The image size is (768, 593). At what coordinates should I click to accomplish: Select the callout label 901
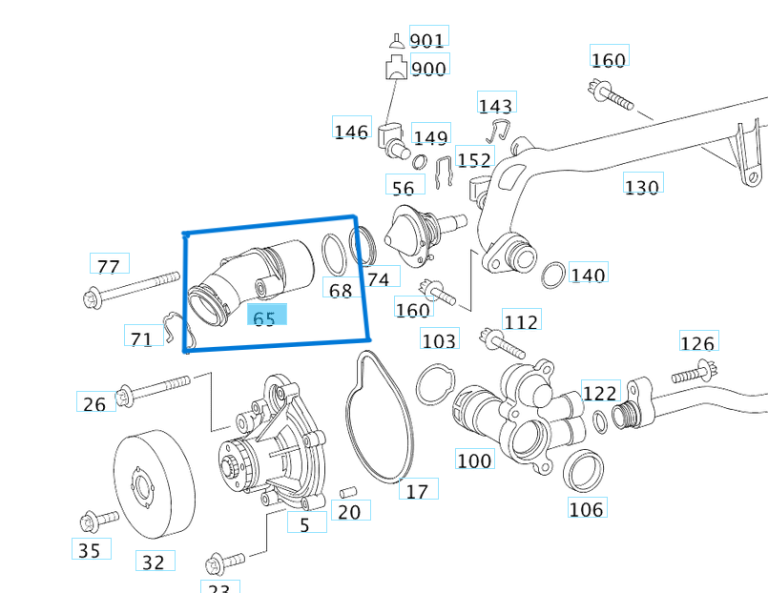tap(426, 40)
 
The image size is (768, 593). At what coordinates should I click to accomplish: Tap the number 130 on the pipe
tap(641, 186)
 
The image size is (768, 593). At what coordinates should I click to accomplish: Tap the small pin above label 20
tap(348, 491)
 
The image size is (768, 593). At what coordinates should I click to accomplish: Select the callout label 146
tap(350, 131)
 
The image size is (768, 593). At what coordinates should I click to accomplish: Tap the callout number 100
tap(474, 460)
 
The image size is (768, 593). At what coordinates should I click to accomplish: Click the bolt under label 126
tap(695, 374)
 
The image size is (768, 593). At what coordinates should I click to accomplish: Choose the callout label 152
tap(474, 159)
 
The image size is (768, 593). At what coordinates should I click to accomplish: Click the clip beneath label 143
tap(499, 132)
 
